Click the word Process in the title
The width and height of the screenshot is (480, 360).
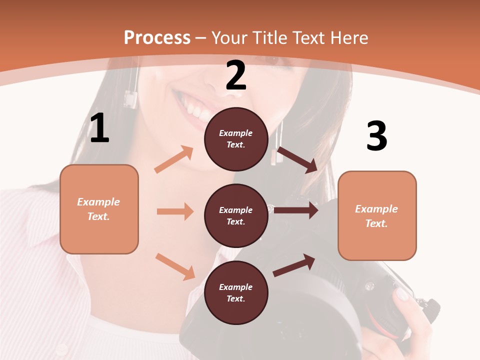[157, 38]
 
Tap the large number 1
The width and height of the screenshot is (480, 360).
[99, 128]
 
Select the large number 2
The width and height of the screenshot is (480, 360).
[236, 76]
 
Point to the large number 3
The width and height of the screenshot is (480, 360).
[376, 136]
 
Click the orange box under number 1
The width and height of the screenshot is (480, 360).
[99, 209]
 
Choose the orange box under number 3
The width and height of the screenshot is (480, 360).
[377, 215]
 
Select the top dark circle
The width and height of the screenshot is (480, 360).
[236, 139]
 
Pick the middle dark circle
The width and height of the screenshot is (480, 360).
[236, 215]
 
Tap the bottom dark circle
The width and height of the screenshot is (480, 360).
[236, 292]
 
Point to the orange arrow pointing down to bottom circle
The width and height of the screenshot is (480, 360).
[175, 266]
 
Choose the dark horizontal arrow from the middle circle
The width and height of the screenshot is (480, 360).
[296, 210]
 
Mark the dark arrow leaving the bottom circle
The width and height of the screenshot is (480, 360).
[294, 265]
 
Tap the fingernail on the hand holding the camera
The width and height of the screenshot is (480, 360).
[402, 293]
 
